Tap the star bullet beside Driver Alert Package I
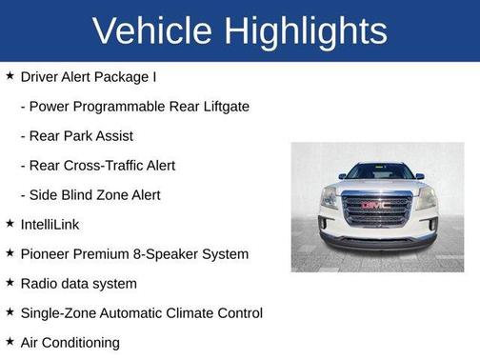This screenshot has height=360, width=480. [x=10, y=76]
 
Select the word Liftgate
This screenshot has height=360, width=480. [x=222, y=106]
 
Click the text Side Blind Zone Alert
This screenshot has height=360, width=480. [x=90, y=194]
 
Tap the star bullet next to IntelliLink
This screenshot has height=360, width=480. [x=10, y=224]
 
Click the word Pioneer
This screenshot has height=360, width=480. [x=46, y=253]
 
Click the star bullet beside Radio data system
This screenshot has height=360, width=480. [x=10, y=283]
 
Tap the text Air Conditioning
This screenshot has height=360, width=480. [x=70, y=342]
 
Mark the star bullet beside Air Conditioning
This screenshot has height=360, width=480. [x=10, y=342]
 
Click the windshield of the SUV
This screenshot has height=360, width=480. [x=378, y=172]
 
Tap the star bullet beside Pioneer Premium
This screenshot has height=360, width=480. [x=10, y=253]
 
